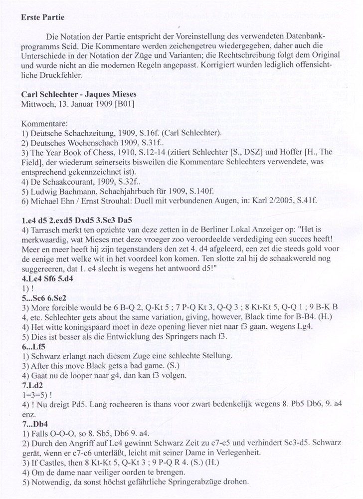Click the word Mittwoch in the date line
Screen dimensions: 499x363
pos(36,104)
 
